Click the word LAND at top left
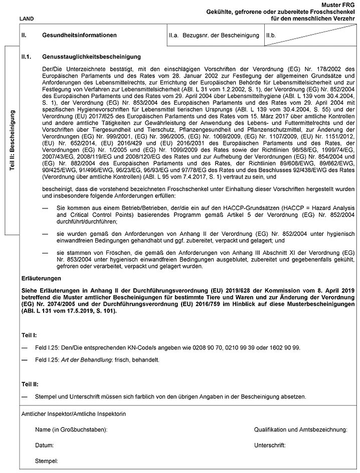(27, 19)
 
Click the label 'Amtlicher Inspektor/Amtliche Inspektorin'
(73, 415)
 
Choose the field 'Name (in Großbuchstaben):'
(72, 430)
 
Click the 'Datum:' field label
(44, 445)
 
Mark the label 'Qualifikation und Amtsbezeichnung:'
(301, 430)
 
